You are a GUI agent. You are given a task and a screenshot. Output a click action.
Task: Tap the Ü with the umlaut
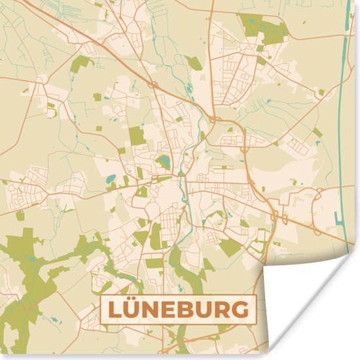pyautogui.click(x=134, y=310)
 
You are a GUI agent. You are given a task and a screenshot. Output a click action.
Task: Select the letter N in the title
pyautogui.click(x=154, y=310)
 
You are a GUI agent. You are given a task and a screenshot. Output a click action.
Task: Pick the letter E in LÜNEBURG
pyautogui.click(x=173, y=310)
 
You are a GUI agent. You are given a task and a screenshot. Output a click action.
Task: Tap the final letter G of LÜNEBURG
pyautogui.click(x=244, y=310)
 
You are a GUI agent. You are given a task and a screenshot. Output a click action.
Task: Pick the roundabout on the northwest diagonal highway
pyautogui.click(x=152, y=85)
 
